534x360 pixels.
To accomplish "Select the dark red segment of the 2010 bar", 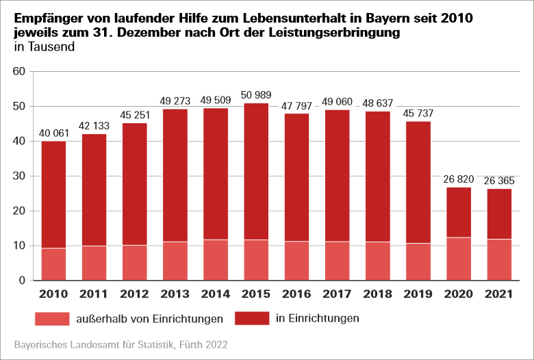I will [53, 195].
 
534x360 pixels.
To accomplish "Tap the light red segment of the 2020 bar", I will [459, 259].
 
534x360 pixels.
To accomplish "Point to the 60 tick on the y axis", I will [18, 72].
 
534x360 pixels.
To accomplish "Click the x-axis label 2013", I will [176, 295].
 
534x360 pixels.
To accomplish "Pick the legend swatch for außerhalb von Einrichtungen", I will [51, 318].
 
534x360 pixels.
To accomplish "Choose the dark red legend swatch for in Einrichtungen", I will [253, 318].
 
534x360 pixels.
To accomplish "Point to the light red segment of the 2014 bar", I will [216, 260].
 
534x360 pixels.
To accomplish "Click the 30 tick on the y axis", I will [18, 177].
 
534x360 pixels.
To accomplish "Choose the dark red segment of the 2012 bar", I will [136, 184].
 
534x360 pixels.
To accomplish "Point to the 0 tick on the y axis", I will [21, 281].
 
